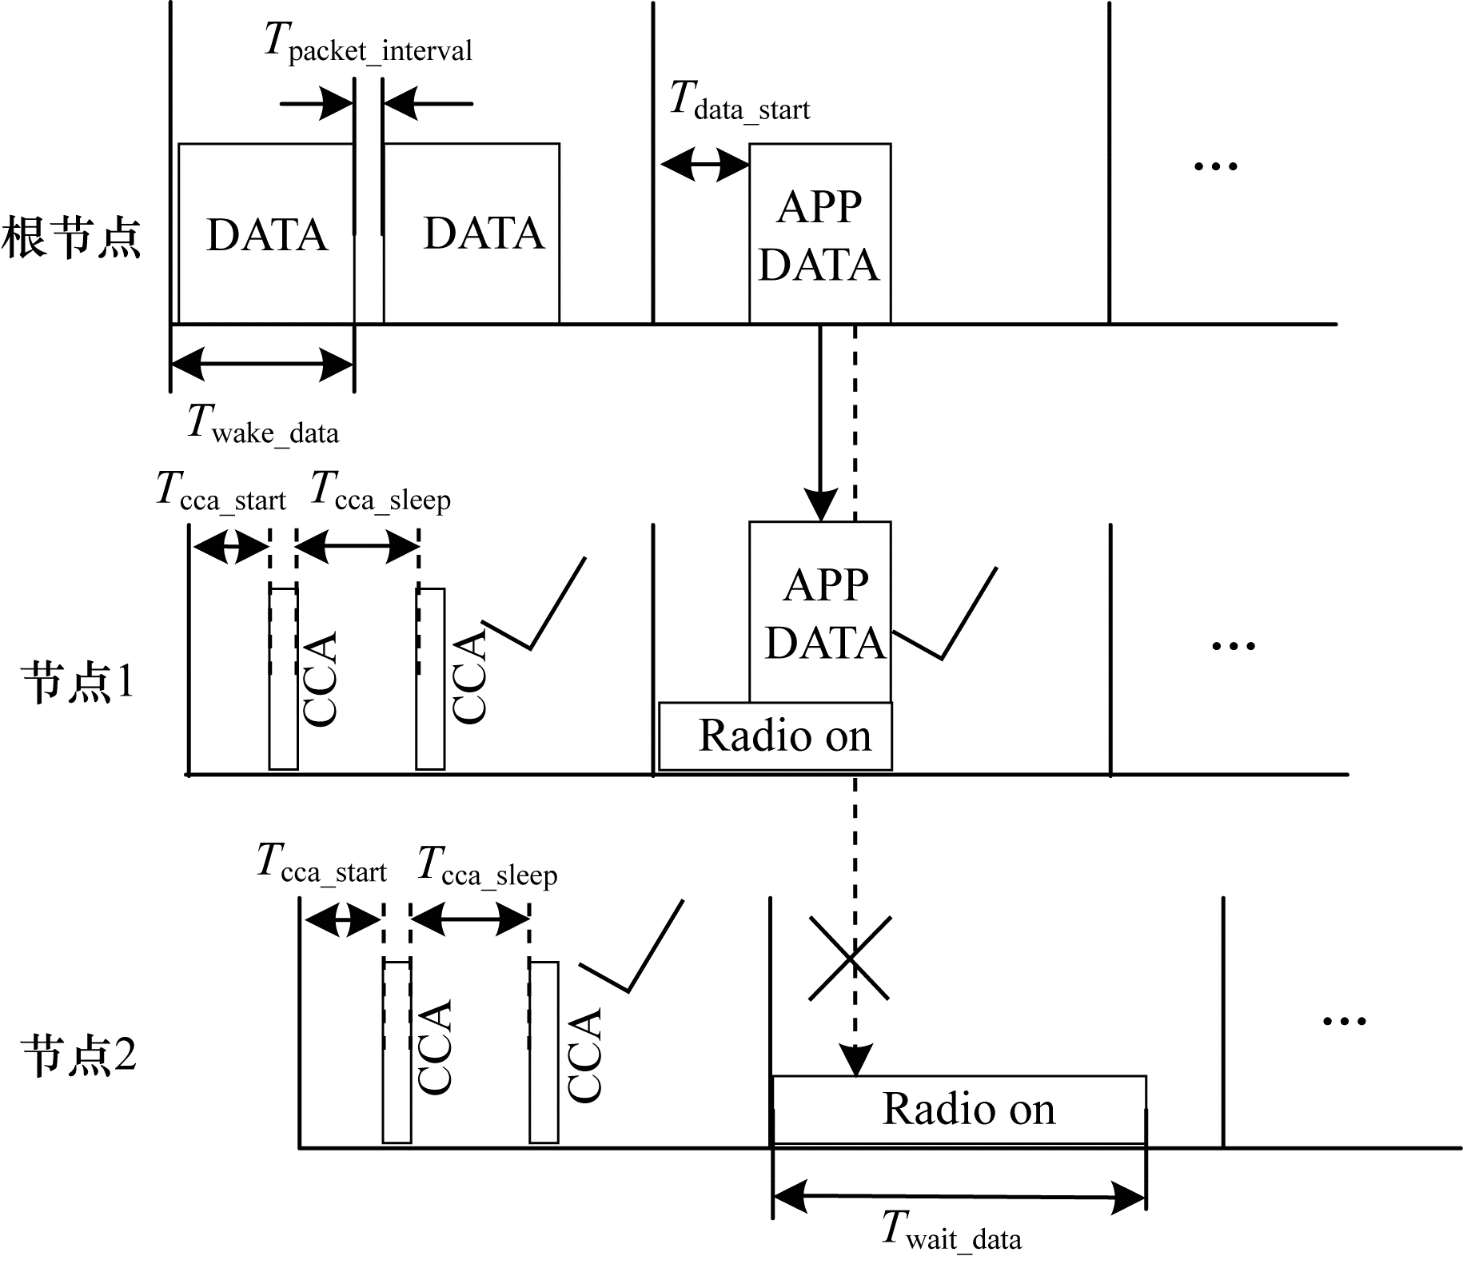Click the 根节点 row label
[x=72, y=237]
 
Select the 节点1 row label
[x=78, y=684]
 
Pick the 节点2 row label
[x=78, y=1055]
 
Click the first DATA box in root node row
[x=265, y=233]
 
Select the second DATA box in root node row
[x=472, y=233]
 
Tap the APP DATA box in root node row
[x=819, y=233]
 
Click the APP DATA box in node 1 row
[x=819, y=612]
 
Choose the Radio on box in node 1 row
[x=775, y=736]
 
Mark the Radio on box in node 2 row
[x=959, y=1110]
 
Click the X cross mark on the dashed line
[x=849, y=958]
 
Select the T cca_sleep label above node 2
[x=488, y=866]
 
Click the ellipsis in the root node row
[x=1215, y=166]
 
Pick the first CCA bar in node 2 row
[x=397, y=1051]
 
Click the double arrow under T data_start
[x=704, y=165]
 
